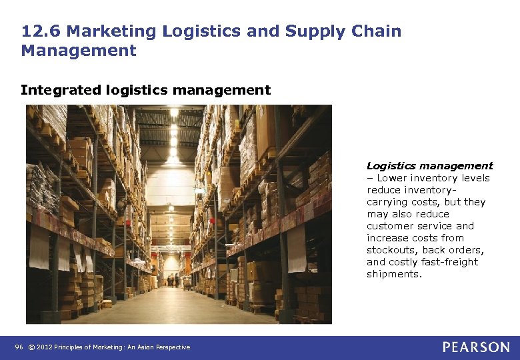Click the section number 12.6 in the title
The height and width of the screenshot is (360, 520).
tap(41, 31)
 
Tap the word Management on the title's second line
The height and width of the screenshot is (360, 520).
tap(79, 51)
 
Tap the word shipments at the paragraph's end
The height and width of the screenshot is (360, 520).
tap(394, 274)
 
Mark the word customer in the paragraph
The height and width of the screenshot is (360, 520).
tap(389, 226)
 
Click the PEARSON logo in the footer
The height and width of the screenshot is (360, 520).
tap(476, 347)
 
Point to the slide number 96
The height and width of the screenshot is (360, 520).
tap(19, 347)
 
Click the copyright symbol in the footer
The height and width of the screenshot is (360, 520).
tap(31, 347)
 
